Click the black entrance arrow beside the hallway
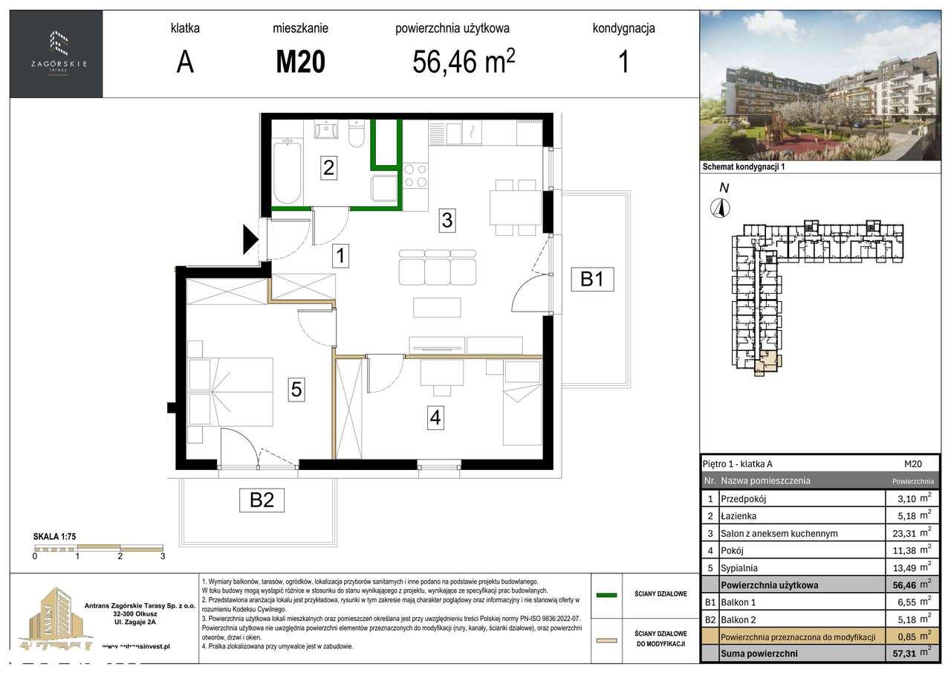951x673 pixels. pos(250,239)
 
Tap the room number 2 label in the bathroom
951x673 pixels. pos(328,168)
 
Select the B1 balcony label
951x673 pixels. pos(591,279)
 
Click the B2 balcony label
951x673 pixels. pos(262,500)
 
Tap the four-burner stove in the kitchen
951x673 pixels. pos(415,176)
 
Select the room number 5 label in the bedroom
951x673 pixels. pos(296,389)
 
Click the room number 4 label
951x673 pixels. pos(435,418)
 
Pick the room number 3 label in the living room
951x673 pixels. pos(447,220)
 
